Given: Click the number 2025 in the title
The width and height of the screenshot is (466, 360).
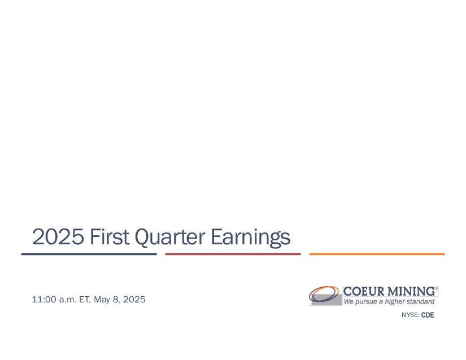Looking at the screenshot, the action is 58,237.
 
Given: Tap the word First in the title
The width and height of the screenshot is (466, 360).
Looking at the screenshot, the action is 110,236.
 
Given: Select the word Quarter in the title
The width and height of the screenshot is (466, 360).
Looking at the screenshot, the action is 169,238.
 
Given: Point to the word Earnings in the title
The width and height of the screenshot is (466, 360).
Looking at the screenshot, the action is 251,238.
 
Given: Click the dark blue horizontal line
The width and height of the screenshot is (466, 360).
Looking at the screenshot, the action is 89,254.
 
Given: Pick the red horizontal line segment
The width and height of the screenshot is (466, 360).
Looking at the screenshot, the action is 233,254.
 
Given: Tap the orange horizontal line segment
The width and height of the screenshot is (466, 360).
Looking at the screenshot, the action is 377,254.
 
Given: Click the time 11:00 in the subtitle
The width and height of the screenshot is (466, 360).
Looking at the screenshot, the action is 44,299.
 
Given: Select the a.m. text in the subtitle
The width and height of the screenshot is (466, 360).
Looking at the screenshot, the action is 68,300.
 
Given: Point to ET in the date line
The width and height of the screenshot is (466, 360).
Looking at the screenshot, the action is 85,300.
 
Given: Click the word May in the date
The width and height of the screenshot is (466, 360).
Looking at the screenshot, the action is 102,300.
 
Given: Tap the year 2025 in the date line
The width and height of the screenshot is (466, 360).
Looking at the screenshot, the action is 134,299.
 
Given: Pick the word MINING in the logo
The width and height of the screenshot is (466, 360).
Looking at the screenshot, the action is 412,292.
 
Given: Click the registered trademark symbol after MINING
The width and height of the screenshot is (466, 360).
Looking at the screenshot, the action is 437,288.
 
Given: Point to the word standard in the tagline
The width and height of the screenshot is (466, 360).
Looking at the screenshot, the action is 420,301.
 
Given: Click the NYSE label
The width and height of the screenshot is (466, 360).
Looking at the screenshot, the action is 411,315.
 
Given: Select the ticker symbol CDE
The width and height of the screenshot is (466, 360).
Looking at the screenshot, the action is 428,315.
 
